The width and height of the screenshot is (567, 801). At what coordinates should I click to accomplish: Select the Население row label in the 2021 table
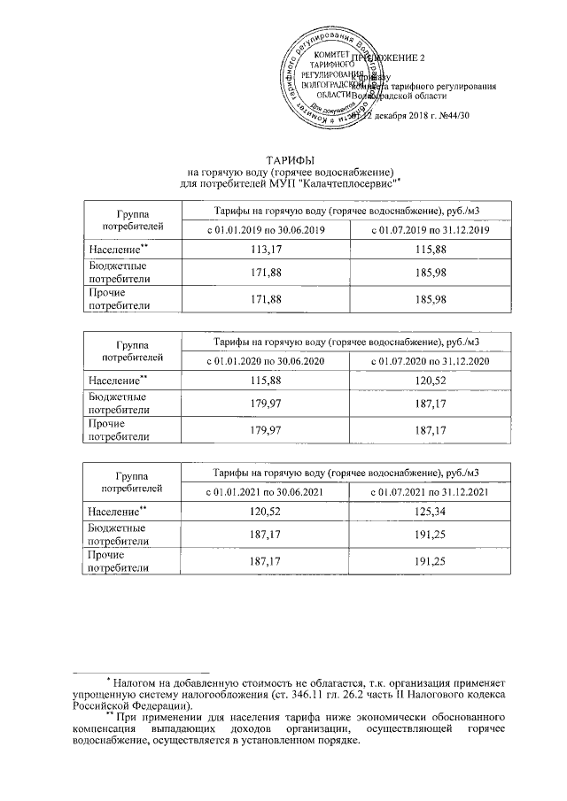[x=116, y=511]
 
